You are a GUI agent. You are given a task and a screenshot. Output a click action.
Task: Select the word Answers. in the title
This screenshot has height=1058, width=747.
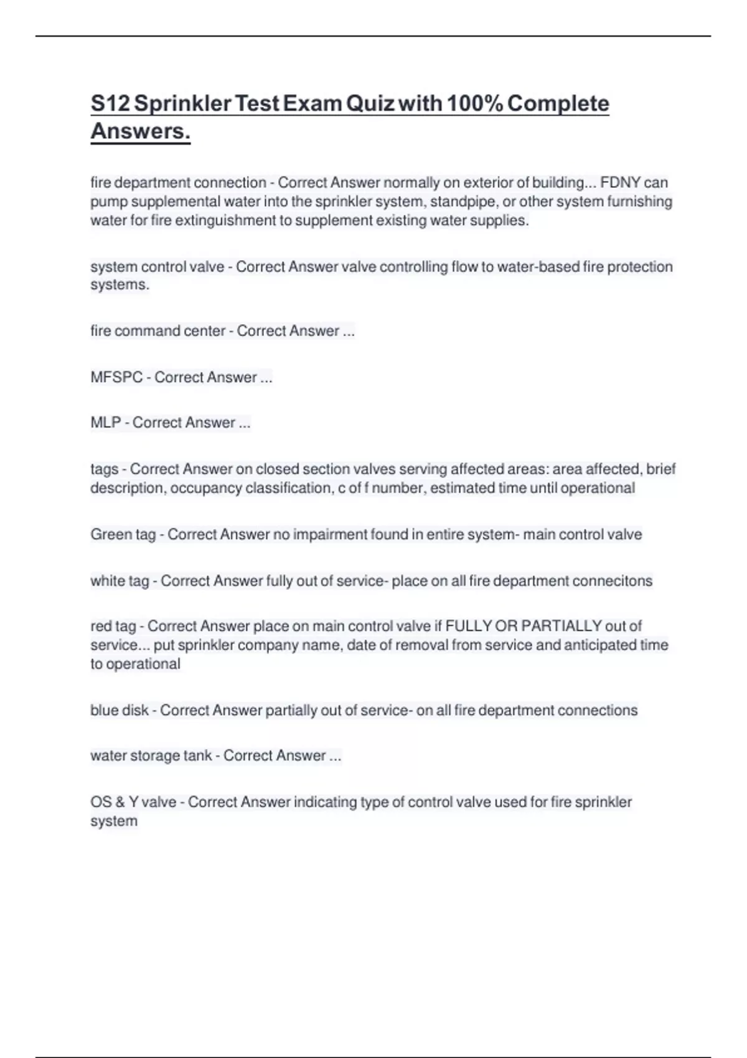click(141, 131)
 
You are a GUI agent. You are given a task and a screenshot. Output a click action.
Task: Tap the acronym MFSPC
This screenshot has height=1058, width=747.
click(116, 377)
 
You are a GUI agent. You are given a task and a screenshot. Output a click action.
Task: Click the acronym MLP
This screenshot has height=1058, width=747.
click(106, 423)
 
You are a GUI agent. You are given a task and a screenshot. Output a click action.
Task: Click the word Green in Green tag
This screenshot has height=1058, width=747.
click(109, 535)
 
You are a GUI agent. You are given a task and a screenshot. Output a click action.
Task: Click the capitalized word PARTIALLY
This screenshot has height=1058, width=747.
click(561, 626)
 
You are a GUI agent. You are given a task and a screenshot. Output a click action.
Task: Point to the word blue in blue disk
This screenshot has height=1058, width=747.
click(103, 710)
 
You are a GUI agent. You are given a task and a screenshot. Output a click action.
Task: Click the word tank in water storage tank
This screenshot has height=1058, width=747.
click(197, 756)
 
